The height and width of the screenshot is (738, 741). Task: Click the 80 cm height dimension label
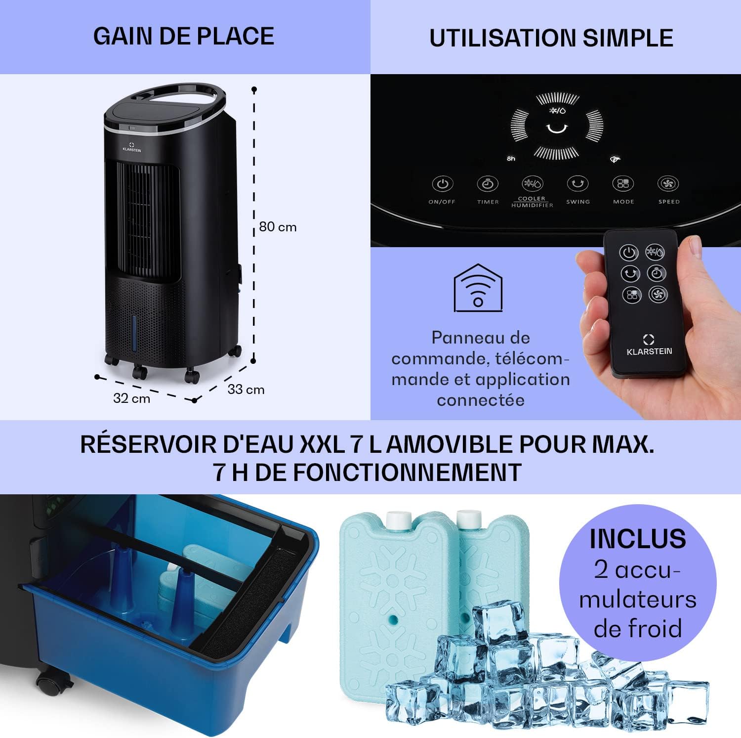coord(278,227)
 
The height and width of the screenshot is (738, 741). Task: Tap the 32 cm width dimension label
coord(131,398)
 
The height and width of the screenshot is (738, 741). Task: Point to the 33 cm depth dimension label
coord(246,390)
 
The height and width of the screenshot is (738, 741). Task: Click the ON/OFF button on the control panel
coord(442,184)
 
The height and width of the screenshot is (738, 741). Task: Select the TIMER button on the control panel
coord(488,184)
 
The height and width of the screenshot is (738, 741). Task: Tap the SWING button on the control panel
coord(577,184)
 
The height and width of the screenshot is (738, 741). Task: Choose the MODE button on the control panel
coord(623,184)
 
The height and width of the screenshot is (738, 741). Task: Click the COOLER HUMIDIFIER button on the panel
coord(532,184)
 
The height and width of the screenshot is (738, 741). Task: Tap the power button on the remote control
coord(628,253)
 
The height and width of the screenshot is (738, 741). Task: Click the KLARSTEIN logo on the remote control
coord(649,346)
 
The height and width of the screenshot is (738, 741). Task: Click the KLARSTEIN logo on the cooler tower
coord(132,147)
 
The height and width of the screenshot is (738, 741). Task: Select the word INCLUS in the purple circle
coord(637,539)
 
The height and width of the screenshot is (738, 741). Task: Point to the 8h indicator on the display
coord(511,159)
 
